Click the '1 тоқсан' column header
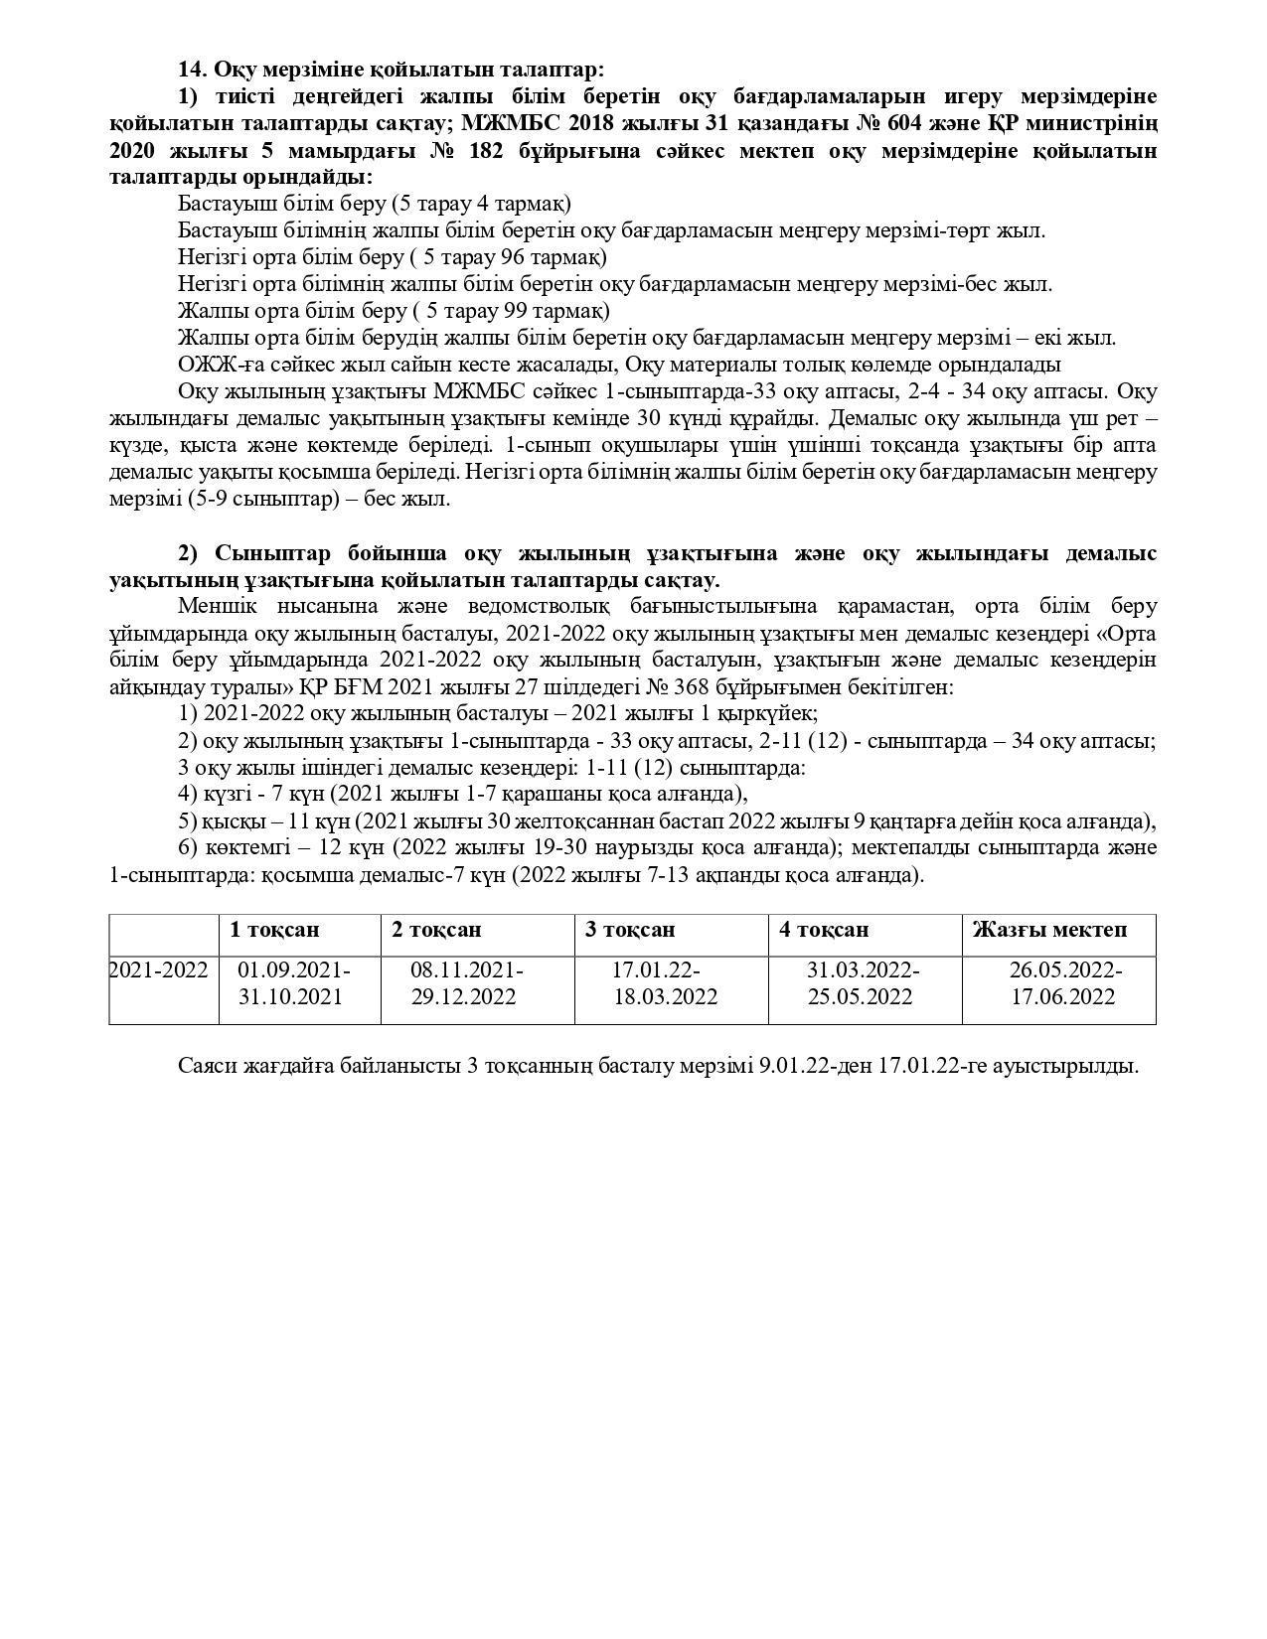tap(274, 930)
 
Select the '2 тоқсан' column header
tap(436, 930)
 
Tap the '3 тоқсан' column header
tap(630, 930)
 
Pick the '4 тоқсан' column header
tap(824, 930)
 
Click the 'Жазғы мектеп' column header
tap(1049, 930)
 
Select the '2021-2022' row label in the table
tap(158, 970)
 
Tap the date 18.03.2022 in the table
tap(665, 996)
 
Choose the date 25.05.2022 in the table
tap(860, 996)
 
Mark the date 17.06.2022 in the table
tap(1063, 996)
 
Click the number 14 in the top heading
tap(190, 70)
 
